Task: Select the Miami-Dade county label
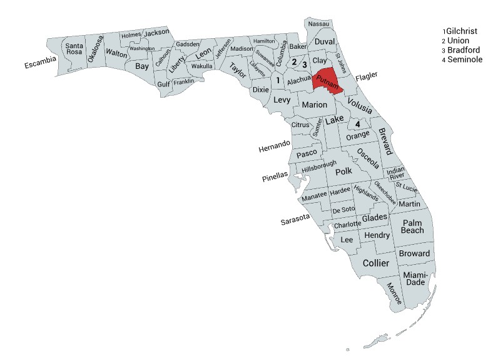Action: [415, 279]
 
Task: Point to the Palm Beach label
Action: [413, 227]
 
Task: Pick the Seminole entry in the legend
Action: [465, 59]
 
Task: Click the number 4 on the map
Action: [358, 124]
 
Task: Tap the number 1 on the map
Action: [278, 80]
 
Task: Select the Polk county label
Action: [344, 172]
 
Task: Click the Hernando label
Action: [274, 147]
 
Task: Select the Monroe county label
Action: [394, 292]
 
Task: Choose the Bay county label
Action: [143, 65]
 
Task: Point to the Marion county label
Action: [314, 105]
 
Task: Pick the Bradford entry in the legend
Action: [467, 49]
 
